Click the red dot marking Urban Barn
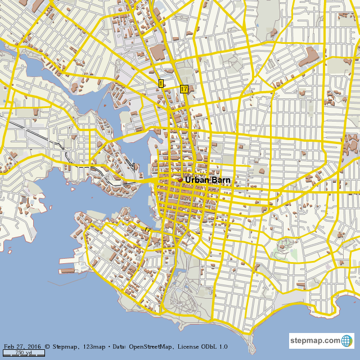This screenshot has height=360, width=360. tap(180, 180)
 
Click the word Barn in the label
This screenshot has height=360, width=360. tap(220, 180)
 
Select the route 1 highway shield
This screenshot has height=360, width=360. tap(161, 84)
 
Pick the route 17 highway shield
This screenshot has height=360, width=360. tap(183, 88)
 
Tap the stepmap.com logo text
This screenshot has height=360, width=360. tap(316, 341)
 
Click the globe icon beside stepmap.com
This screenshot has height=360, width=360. tap(346, 341)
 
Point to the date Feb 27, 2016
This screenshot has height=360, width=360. tap(22, 346)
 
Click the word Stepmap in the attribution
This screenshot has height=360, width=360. tap(63, 346)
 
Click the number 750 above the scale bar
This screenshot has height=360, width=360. tap(19, 353)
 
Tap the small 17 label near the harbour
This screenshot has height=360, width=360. tap(148, 229)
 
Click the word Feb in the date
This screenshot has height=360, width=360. tap(9, 346)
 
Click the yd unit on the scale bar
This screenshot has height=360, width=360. tap(28, 353)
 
